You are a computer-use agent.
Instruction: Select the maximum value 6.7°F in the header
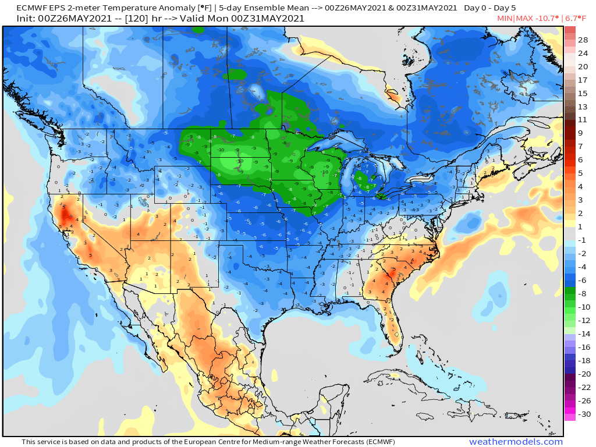click(577, 19)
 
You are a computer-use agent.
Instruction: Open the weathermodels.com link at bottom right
click(516, 442)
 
